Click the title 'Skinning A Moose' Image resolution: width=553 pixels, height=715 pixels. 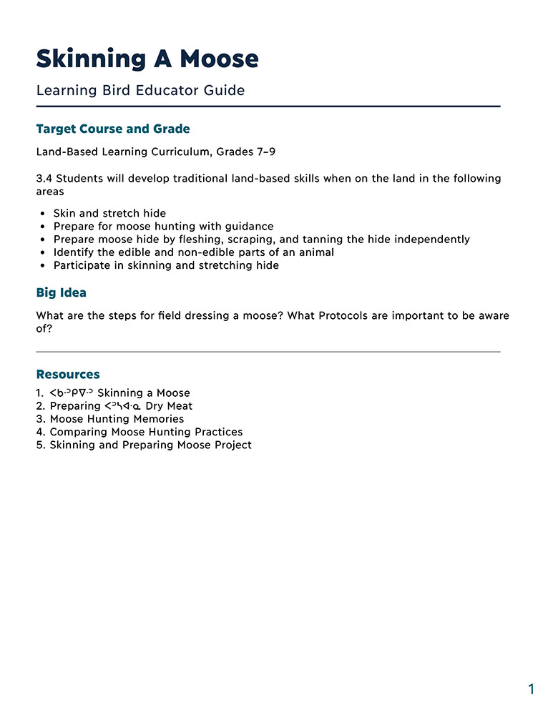pyautogui.click(x=147, y=59)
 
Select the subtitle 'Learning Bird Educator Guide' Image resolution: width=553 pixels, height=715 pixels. pyautogui.click(x=140, y=91)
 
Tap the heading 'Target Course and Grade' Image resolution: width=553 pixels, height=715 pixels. pyautogui.click(x=113, y=129)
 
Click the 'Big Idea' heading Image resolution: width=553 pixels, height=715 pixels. pyautogui.click(x=62, y=293)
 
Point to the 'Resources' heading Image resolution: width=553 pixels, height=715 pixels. pyautogui.click(x=68, y=375)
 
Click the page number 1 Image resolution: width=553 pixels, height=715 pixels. pyautogui.click(x=531, y=689)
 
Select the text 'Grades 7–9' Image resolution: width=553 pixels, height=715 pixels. pyautogui.click(x=253, y=152)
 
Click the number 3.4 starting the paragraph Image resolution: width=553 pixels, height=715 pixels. pyautogui.click(x=44, y=178)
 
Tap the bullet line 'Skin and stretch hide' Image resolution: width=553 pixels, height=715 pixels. pyautogui.click(x=109, y=213)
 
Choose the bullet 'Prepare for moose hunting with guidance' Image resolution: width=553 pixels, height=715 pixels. pyautogui.click(x=163, y=227)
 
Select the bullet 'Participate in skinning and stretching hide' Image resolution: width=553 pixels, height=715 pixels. pyautogui.click(x=166, y=265)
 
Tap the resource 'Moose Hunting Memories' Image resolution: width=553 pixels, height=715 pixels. pyautogui.click(x=117, y=419)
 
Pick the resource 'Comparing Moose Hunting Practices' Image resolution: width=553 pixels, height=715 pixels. pyautogui.click(x=146, y=432)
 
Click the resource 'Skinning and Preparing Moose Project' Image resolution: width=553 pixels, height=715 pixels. pyautogui.click(x=150, y=445)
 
